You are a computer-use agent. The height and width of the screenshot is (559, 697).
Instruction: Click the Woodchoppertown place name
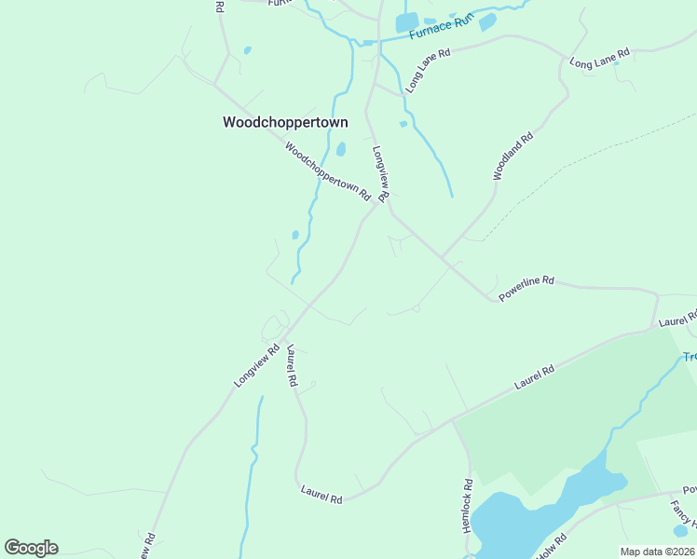[285, 122]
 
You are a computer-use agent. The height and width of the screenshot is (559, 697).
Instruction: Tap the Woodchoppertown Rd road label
[327, 171]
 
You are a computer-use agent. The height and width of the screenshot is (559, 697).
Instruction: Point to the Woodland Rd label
[512, 156]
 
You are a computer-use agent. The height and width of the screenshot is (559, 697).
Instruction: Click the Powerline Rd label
[526, 287]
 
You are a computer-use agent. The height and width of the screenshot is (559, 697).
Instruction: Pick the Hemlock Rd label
[468, 506]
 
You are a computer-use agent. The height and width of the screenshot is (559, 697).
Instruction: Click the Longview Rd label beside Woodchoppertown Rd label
[381, 173]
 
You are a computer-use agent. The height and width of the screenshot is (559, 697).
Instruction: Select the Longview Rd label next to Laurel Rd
[257, 367]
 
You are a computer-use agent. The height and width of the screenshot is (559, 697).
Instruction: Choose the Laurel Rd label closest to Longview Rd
[293, 365]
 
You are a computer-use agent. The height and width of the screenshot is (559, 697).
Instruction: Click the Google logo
[31, 548]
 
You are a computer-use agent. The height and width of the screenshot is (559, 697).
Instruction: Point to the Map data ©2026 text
[657, 552]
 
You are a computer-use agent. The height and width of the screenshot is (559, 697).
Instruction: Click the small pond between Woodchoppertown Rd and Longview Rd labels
[341, 149]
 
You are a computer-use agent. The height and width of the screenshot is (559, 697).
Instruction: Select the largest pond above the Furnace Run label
[407, 22]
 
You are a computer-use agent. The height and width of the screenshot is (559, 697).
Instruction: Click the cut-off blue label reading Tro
[690, 357]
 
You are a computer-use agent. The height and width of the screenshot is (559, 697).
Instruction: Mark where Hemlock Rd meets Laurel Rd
[453, 420]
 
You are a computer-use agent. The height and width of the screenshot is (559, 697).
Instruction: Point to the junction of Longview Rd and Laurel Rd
[283, 336]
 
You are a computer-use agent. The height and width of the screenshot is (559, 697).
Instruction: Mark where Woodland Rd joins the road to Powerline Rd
[442, 258]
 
